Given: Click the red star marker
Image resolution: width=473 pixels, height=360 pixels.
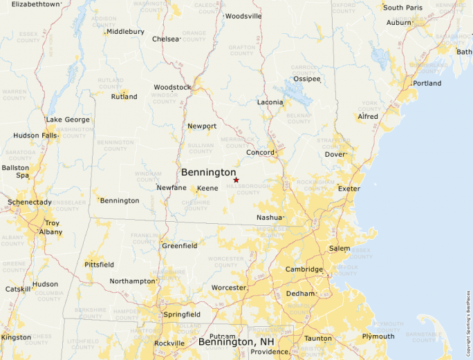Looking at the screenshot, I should click(x=236, y=180).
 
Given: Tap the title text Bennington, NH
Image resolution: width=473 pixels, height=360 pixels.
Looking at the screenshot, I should click(x=234, y=341).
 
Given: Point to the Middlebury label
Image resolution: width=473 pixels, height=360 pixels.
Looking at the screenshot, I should click(x=125, y=31).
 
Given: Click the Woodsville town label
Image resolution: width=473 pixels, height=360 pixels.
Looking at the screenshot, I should click(x=243, y=16).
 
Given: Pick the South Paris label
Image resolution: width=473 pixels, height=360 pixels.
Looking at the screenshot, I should click(x=402, y=8).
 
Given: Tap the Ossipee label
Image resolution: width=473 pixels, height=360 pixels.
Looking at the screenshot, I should click(x=307, y=79).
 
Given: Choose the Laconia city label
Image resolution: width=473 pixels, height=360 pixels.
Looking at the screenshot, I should click(x=270, y=102).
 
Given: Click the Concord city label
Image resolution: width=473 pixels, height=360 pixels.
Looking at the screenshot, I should click(x=261, y=152).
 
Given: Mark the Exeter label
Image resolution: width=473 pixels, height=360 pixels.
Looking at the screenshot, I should click(x=349, y=188).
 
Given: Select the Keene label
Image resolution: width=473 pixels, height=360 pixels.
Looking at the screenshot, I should click(x=207, y=188).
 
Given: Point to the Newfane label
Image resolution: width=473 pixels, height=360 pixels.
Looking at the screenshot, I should click(x=171, y=187).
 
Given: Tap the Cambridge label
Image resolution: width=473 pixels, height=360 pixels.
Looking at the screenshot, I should click(x=304, y=269).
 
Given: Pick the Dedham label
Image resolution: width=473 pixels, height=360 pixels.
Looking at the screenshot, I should click(x=300, y=294).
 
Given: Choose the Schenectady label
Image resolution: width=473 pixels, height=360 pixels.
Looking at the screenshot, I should click(x=29, y=202).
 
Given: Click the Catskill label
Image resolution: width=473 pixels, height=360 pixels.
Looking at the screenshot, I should click(x=18, y=289).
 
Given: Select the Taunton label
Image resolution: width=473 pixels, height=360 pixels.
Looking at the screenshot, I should click(x=318, y=338).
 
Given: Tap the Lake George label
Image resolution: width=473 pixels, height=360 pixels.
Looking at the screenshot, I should click(x=68, y=120).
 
